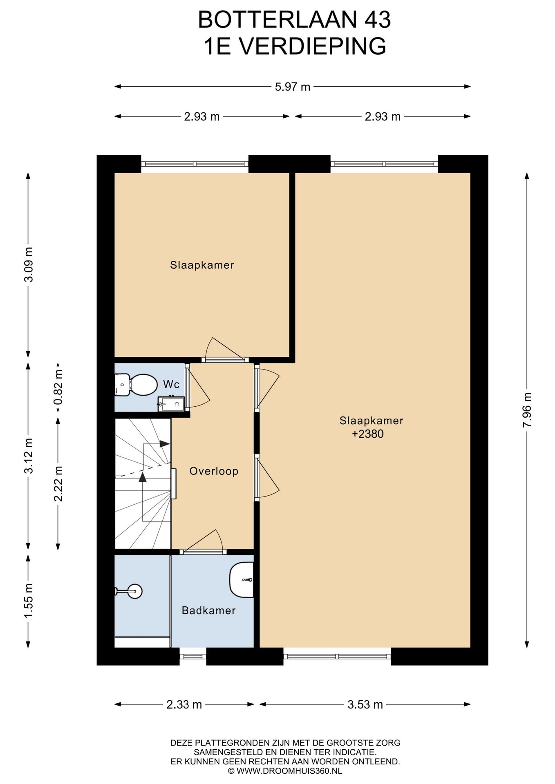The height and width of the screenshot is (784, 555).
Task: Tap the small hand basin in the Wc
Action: point(171,403)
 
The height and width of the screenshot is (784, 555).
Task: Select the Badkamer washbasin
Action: point(242,580)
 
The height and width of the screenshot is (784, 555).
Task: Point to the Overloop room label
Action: point(214,471)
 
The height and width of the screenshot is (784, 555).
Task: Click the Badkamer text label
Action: point(209,610)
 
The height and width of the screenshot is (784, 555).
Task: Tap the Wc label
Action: point(171,384)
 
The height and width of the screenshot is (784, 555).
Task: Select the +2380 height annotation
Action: point(368,434)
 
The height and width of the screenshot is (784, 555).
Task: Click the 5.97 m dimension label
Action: point(293,87)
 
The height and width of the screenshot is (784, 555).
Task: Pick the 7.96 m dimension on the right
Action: point(527,410)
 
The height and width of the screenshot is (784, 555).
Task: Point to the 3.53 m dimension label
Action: point(365,704)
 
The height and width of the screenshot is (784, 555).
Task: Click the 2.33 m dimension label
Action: point(184,704)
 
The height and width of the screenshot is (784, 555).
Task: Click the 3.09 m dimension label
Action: point(28,265)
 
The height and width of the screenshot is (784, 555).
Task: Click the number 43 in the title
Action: point(377,20)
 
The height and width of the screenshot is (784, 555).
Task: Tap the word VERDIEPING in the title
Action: point(312,46)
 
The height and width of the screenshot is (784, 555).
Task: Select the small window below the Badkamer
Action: point(193,657)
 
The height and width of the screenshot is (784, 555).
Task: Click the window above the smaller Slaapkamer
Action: point(195,164)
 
